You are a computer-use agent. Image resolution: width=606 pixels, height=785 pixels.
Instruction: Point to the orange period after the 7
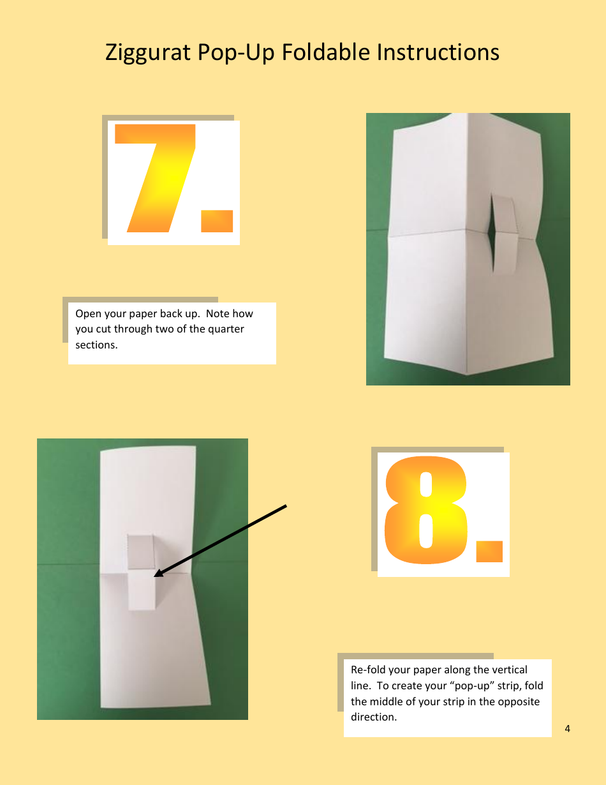coord(217,221)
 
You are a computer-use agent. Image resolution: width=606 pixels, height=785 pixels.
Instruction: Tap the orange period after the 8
coord(489,552)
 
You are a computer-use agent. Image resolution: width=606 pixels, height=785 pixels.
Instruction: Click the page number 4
coord(567,729)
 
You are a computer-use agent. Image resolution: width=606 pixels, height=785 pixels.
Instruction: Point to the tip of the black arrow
coord(156,576)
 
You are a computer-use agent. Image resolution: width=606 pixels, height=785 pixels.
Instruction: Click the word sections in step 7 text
coord(96,345)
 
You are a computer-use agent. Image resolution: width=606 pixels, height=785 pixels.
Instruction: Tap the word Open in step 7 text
coord(89,314)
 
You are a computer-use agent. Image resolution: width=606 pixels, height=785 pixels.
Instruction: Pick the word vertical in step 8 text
coord(506,670)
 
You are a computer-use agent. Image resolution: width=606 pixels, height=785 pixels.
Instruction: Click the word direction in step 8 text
coord(373,717)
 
